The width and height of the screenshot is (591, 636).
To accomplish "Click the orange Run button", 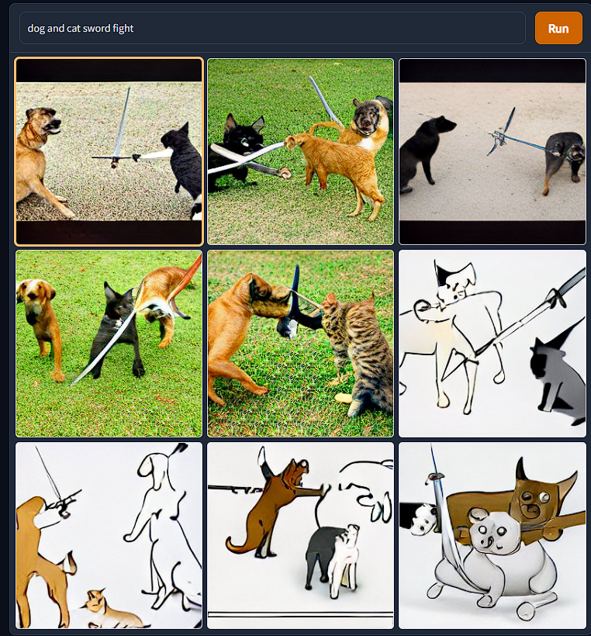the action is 558,28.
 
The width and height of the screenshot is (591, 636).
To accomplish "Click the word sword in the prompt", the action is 96,28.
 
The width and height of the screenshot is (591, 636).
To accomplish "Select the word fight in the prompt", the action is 123,29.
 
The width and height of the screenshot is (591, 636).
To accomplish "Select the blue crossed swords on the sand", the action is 503,133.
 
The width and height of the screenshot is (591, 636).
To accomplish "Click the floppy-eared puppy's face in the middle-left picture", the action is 36,295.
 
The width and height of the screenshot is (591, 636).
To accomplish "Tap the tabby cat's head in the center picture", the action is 334,311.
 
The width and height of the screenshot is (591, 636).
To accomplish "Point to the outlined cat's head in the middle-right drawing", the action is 454,280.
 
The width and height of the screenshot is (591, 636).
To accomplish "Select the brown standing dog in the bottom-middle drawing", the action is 276,507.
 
